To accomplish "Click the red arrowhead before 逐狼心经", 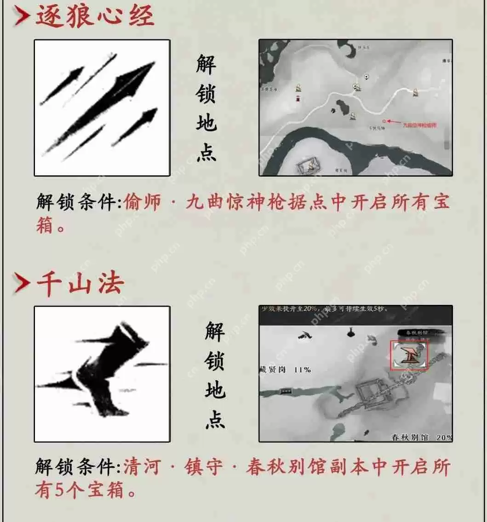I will [x=22, y=17].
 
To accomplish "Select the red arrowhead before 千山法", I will [x=22, y=284].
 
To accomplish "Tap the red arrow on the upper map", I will [x=393, y=122].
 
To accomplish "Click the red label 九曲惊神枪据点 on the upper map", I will [x=419, y=124].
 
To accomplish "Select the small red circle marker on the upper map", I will [x=384, y=122].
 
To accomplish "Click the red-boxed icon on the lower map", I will [x=409, y=355].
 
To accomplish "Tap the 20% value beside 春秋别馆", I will [x=444, y=438].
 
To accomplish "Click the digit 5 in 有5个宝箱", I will [x=60, y=491].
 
